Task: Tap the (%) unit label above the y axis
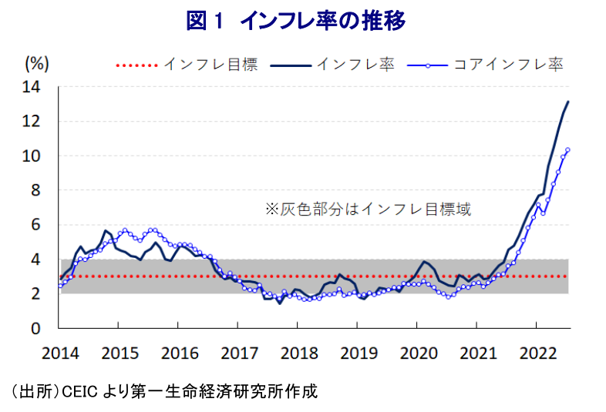pyautogui.click(x=37, y=63)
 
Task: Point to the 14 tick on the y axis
pyautogui.click(x=32, y=87)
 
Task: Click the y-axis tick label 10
pyautogui.click(x=32, y=156)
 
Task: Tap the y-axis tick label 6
pyautogui.click(x=35, y=225)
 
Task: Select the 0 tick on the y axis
pyautogui.click(x=35, y=328)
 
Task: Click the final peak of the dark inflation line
pyautogui.click(x=568, y=102)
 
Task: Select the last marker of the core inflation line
pyautogui.click(x=567, y=149)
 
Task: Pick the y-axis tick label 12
pyautogui.click(x=32, y=121)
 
